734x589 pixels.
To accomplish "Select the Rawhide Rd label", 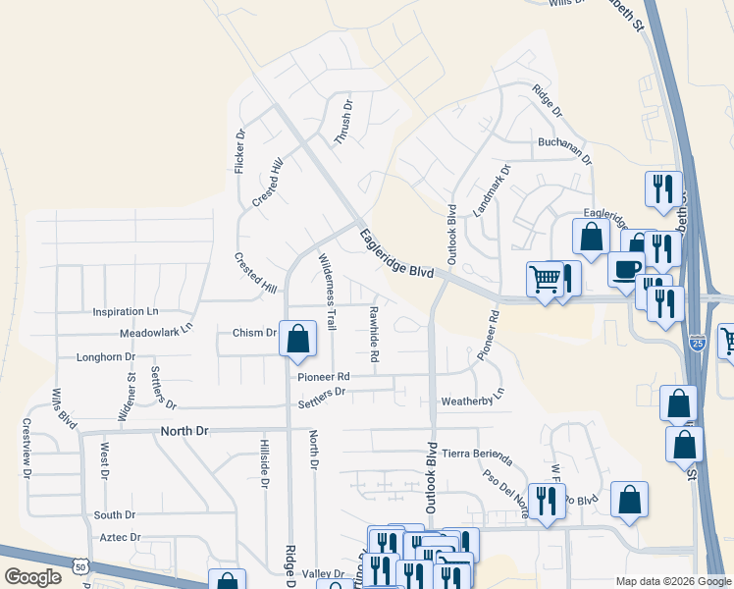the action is click(x=374, y=335).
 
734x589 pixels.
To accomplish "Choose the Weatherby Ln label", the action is click(x=473, y=398).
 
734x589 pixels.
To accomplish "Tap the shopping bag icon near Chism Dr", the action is click(x=298, y=339).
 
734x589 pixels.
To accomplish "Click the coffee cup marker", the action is click(x=625, y=269).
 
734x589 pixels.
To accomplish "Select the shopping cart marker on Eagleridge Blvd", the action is click(x=545, y=277).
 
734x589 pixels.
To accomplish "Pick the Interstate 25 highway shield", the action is click(x=697, y=343).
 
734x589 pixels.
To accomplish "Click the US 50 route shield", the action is click(x=80, y=565).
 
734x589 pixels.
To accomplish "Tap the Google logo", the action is click(x=32, y=577).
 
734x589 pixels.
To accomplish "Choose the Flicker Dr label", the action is click(x=240, y=151).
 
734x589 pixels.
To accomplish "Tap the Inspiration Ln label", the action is click(x=125, y=311).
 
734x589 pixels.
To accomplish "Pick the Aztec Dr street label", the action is click(x=122, y=538).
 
